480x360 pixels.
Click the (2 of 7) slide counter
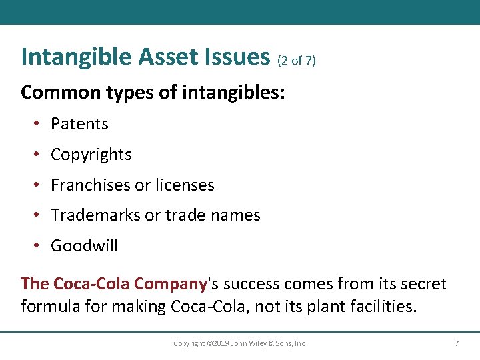click(x=296, y=61)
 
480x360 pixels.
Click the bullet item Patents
click(x=79, y=124)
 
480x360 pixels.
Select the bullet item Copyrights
click(x=91, y=155)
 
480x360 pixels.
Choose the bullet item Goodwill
click(x=84, y=246)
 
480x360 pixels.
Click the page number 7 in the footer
click(x=457, y=343)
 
